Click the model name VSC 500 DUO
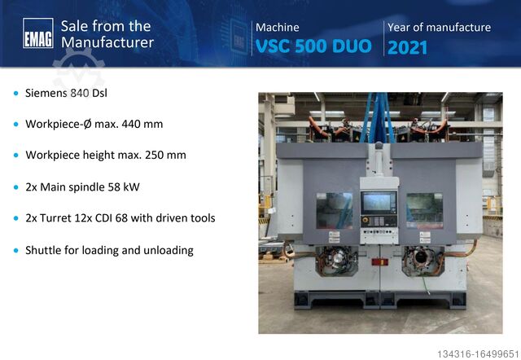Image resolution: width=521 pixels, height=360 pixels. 313,46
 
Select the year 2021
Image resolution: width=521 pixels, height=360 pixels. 407,47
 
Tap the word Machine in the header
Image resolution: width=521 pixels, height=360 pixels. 277,28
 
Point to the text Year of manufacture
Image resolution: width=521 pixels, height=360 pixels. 439,28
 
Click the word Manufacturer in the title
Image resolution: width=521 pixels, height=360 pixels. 107,42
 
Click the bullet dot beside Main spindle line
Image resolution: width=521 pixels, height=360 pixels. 15,187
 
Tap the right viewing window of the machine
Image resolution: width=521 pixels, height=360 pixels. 423,208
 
